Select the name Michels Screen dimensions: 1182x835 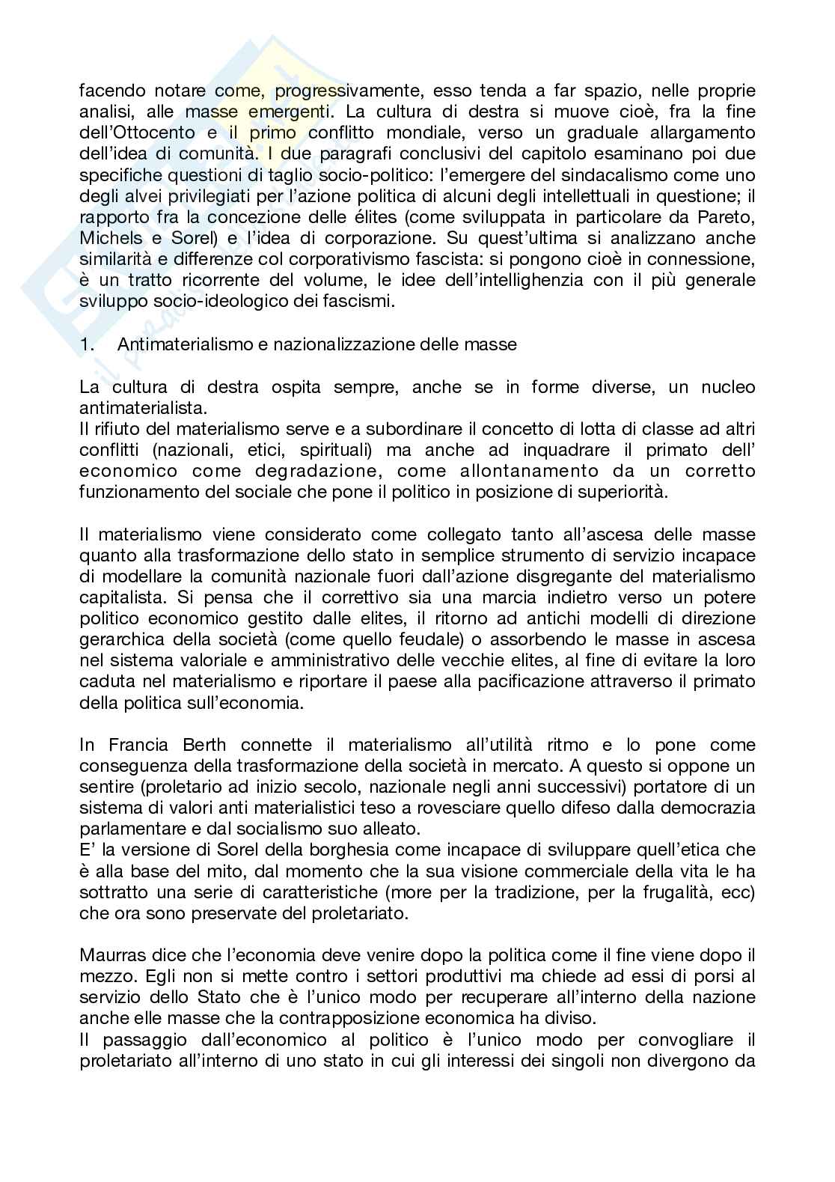(108, 238)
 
